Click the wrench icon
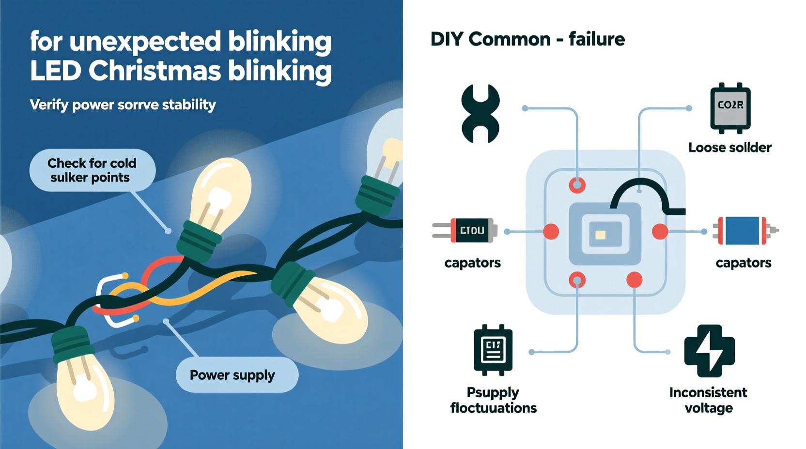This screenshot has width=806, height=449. coord(480,114)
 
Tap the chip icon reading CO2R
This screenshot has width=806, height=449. coord(730,108)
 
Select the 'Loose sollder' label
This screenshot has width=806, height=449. coord(729,148)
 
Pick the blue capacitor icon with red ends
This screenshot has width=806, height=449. coord(742,231)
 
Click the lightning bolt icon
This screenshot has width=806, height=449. coord(709,351)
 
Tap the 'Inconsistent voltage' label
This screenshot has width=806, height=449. coord(708,400)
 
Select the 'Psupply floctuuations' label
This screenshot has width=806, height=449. coord(493,400)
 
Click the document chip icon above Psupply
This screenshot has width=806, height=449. coord(493,350)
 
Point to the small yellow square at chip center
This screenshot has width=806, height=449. coord(600,235)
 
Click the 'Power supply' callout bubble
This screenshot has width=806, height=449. coord(237,375)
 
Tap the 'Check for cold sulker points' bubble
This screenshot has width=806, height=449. coord(92,170)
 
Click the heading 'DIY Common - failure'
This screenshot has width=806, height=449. coord(527,39)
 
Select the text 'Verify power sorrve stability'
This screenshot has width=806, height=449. coord(123,105)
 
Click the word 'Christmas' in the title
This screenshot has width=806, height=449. coord(155,71)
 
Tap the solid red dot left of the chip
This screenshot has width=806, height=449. coord(551,231)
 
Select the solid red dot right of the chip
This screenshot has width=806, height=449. coord(660,231)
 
